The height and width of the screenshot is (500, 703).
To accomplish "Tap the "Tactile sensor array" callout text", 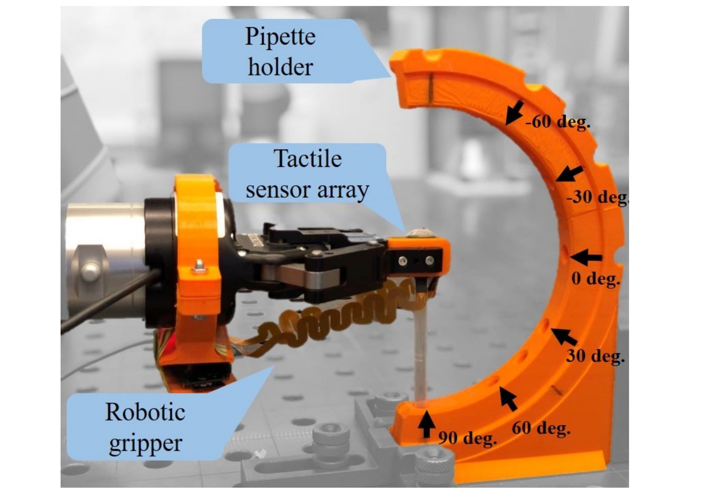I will tap(307, 174).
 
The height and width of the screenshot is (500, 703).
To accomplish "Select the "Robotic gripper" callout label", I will tap(145, 427).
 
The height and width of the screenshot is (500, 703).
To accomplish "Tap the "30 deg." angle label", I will tap(595, 356).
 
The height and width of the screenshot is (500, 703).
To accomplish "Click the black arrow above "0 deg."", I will tap(586, 257).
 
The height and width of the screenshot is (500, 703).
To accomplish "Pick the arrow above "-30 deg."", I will tap(570, 174).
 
